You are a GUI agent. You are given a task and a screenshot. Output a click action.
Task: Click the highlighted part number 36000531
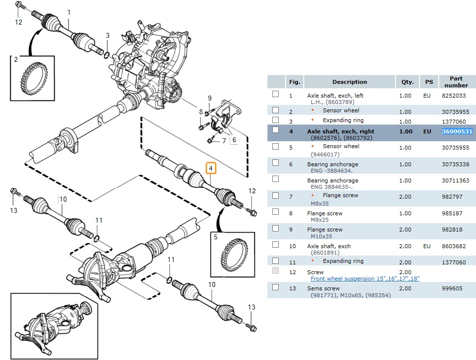pyautogui.click(x=456, y=131)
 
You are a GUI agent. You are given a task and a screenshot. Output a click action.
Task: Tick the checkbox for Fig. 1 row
pyautogui.click(x=275, y=94)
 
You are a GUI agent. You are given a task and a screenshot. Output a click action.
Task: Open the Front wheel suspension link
pyautogui.click(x=365, y=279)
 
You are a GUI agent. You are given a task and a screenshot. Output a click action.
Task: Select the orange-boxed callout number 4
pyautogui.click(x=211, y=169)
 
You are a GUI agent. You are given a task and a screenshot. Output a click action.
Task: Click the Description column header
pyautogui.click(x=349, y=82)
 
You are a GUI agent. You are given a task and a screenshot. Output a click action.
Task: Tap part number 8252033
pyautogui.click(x=454, y=96)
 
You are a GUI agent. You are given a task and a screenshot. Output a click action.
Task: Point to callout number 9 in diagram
pyautogui.click(x=210, y=98)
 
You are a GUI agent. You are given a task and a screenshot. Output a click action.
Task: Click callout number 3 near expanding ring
pyautogui.click(x=108, y=35)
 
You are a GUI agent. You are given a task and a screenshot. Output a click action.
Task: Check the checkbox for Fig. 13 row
pyautogui.click(x=275, y=287)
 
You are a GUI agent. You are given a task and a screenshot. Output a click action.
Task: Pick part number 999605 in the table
pyautogui.click(x=452, y=288)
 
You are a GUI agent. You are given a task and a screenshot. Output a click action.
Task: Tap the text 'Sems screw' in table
pyautogui.click(x=323, y=288)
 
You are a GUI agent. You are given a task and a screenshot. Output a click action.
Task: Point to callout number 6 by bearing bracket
pyautogui.click(x=234, y=140)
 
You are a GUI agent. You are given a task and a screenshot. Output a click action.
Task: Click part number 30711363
pyautogui.click(x=455, y=180)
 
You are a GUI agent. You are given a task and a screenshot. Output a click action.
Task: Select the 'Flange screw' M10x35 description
pyautogui.click(x=325, y=230)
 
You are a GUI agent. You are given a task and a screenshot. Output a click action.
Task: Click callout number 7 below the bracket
pyautogui.click(x=224, y=141)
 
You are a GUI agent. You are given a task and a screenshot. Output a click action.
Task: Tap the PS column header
pyautogui.click(x=428, y=82)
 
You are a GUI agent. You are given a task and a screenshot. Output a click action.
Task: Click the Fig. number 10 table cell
pyautogui.click(x=292, y=246)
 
